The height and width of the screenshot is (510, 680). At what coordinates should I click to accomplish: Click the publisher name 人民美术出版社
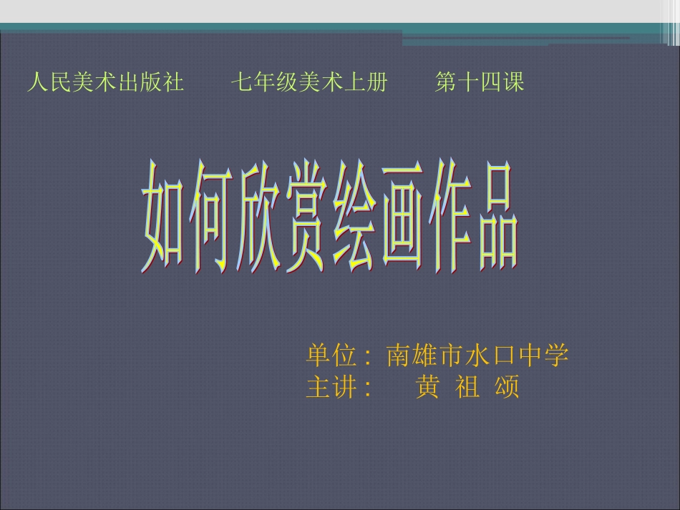click(x=105, y=83)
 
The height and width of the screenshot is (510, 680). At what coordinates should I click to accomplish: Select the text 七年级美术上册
click(x=309, y=83)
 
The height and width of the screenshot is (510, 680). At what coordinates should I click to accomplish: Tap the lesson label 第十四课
click(x=480, y=83)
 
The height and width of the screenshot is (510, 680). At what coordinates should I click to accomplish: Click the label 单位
click(x=331, y=355)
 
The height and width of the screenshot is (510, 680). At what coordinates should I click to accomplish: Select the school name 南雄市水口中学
click(x=477, y=355)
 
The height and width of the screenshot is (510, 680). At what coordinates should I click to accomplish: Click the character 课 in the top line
click(x=514, y=83)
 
